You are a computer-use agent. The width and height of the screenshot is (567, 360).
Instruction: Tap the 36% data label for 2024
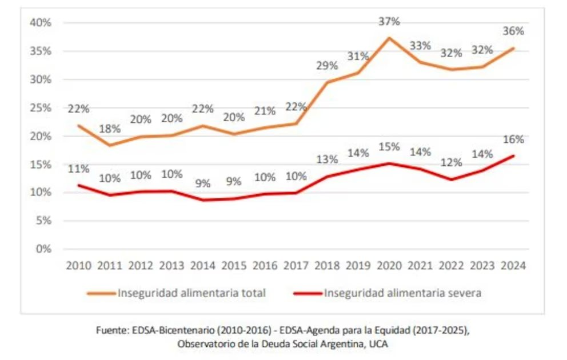[513, 31]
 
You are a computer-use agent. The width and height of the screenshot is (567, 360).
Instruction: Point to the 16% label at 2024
[513, 139]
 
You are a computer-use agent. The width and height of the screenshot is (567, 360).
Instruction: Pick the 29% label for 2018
[327, 66]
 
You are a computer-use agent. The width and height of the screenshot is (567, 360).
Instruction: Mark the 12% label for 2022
[452, 163]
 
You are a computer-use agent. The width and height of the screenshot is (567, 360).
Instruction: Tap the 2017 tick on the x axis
[296, 266]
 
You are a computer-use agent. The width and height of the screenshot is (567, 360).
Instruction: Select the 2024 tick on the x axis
[513, 266]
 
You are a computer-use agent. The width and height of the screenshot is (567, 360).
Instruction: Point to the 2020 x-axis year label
[389, 266]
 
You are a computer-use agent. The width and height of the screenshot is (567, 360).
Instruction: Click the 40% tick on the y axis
[41, 23]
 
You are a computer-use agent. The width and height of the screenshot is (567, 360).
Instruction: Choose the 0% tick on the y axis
[43, 249]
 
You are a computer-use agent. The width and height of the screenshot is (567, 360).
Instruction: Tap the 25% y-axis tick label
[41, 108]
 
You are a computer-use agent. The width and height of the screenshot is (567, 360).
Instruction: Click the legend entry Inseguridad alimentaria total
[191, 293]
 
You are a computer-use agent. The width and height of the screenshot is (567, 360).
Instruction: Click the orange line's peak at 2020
[389, 38]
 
